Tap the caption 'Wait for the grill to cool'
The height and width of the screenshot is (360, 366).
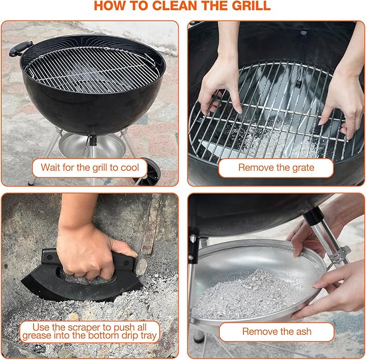[89, 167]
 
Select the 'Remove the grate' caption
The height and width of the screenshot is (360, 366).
[275, 167]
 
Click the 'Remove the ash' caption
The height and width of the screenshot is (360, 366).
[277, 331]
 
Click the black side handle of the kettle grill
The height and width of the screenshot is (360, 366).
[20, 49]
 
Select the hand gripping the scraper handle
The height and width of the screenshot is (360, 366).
[92, 248]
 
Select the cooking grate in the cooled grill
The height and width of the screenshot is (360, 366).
[89, 67]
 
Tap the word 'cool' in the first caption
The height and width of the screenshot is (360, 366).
[127, 167]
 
